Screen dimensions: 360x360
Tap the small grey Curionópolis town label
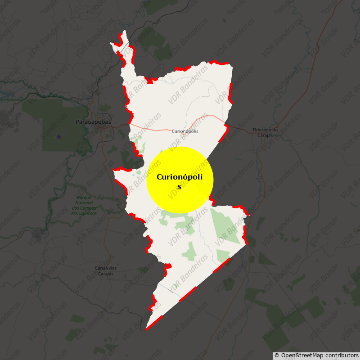point(184,131)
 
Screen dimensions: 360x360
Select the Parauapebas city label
point(93,122)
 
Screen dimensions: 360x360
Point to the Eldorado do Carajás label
point(265,132)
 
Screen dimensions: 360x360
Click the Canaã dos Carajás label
point(106,271)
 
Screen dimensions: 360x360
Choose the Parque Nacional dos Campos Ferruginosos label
point(84,205)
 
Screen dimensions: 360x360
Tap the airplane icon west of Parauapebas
point(59,136)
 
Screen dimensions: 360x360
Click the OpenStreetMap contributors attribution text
point(316,355)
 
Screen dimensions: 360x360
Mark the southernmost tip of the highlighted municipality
point(146,329)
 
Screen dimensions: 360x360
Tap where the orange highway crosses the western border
point(129,122)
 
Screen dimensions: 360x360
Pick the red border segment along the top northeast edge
point(220,62)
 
